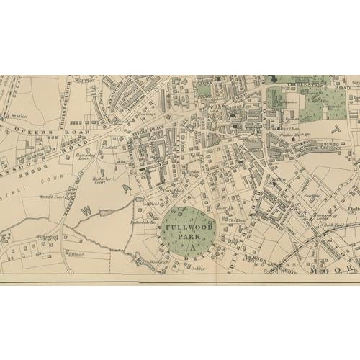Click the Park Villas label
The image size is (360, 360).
pos(172,191)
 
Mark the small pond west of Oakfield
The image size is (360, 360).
pos(105,211)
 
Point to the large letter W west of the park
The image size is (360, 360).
pos(85,211)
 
